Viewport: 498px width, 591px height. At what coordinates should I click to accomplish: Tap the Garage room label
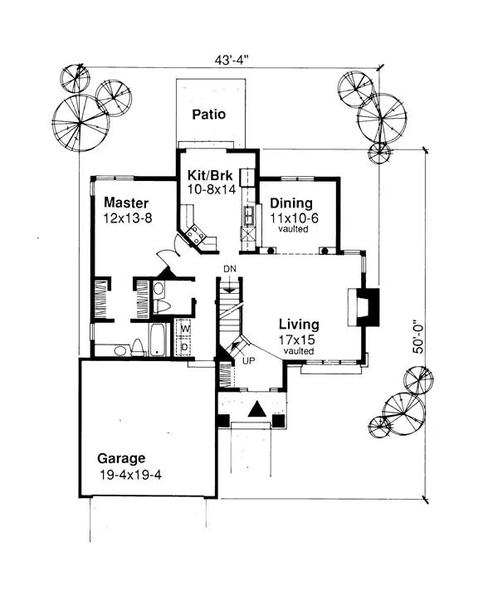point(121,458)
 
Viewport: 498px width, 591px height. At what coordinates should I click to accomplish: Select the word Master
point(126,203)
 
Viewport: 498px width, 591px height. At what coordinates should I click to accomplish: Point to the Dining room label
point(290,203)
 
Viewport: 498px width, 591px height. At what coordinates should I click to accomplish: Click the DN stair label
point(230,270)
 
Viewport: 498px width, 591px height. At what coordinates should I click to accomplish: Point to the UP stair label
point(248,360)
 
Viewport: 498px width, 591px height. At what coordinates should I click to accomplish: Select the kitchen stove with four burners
point(197,236)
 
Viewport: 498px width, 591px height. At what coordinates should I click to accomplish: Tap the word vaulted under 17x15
point(298,351)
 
